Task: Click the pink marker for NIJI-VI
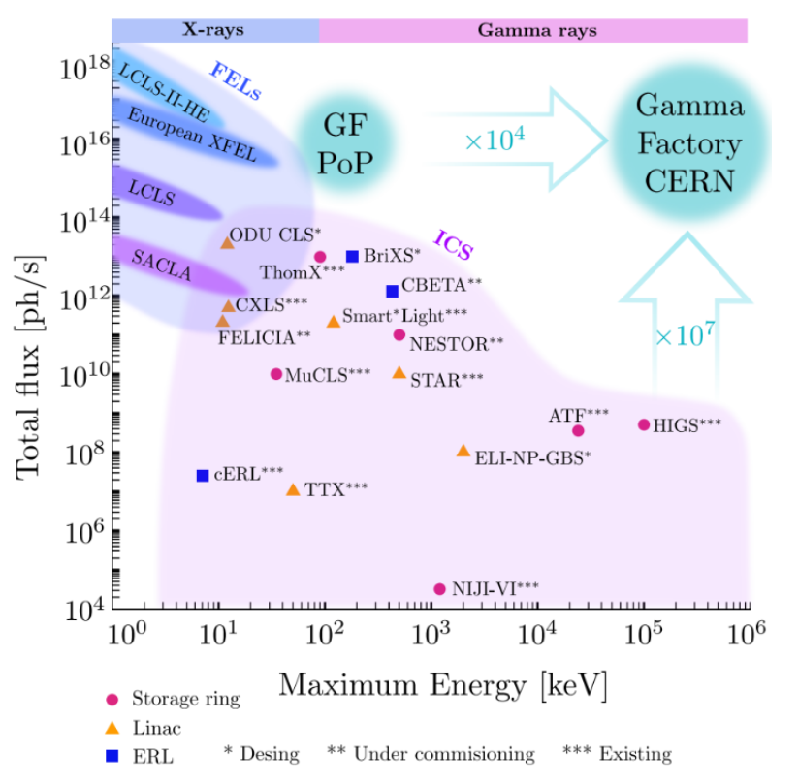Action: pyautogui.click(x=439, y=589)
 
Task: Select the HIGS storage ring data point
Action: pyautogui.click(x=644, y=424)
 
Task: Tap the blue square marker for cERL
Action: pyautogui.click(x=203, y=475)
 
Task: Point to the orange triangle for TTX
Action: pyautogui.click(x=293, y=489)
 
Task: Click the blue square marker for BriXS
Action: pyautogui.click(x=353, y=256)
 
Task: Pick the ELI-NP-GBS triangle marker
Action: pyautogui.click(x=463, y=451)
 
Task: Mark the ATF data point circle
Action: pyautogui.click(x=578, y=430)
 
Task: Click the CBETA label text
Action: pyautogui.click(x=441, y=284)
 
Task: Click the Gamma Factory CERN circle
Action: pyautogui.click(x=690, y=142)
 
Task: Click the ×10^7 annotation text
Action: pyautogui.click(x=686, y=335)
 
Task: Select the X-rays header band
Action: pyautogui.click(x=215, y=30)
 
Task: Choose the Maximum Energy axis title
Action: pyautogui.click(x=443, y=685)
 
